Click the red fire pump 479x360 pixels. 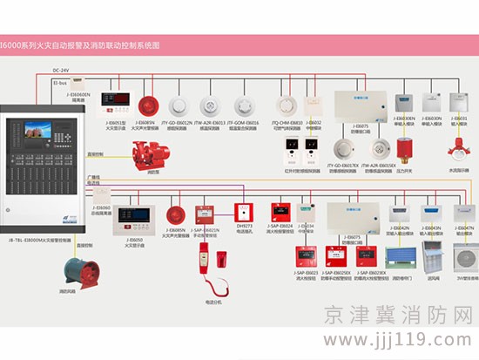click(x=145, y=157)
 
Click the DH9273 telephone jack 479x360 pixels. click(x=244, y=212)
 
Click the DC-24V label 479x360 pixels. click(x=60, y=69)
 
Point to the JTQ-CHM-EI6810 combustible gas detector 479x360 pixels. click(x=287, y=106)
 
